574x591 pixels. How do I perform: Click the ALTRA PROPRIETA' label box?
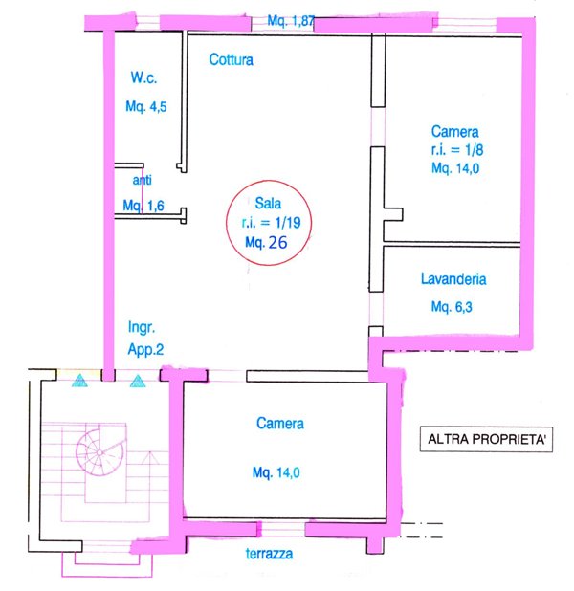(x=486, y=439)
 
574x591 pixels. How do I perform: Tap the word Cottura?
(x=231, y=59)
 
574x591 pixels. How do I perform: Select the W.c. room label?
(x=143, y=77)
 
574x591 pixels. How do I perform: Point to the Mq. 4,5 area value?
(x=146, y=107)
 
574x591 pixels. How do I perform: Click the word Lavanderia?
(x=453, y=279)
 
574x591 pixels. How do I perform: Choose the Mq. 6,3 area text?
(x=452, y=307)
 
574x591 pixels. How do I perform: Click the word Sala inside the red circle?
(x=268, y=204)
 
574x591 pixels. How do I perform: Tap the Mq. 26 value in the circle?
(x=266, y=242)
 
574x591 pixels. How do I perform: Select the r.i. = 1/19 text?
(x=271, y=223)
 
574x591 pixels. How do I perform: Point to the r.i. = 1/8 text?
(x=457, y=150)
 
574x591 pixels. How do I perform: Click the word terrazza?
(x=269, y=554)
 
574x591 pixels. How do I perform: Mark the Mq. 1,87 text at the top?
(x=291, y=21)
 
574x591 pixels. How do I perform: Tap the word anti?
(x=143, y=180)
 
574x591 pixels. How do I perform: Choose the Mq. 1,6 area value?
(x=143, y=206)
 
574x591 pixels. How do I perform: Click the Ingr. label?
(x=142, y=328)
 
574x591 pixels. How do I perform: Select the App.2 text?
(x=145, y=350)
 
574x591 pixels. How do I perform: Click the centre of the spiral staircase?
(x=99, y=452)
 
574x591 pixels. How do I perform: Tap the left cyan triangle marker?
(x=79, y=381)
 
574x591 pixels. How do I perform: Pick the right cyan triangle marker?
(x=138, y=382)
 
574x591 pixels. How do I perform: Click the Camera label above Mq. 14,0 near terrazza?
(x=280, y=424)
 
